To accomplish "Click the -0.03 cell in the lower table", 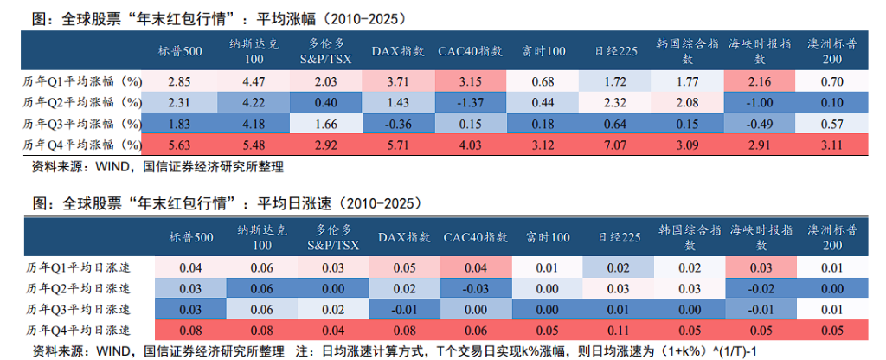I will tap(472, 288).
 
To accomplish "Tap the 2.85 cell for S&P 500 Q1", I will tap(179, 82).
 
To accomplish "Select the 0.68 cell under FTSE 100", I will tap(543, 82).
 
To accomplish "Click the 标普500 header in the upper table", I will tap(180, 51).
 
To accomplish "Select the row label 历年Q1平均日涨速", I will tap(78, 268).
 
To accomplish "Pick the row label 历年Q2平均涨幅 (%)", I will tap(81, 102).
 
